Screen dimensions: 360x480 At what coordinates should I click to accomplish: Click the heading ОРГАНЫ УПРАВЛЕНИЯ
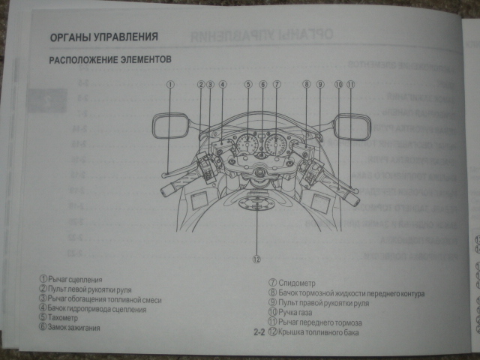click(x=103, y=36)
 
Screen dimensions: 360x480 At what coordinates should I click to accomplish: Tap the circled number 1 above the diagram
click(x=171, y=85)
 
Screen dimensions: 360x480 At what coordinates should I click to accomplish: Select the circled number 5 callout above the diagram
click(x=248, y=85)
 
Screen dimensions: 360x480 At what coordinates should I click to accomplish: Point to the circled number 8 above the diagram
click(x=306, y=85)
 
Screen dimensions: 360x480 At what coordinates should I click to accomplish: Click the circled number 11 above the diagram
click(x=350, y=85)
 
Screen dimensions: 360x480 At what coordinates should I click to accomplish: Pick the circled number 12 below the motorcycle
click(x=256, y=260)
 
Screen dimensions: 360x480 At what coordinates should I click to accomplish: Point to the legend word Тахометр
click(x=67, y=318)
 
